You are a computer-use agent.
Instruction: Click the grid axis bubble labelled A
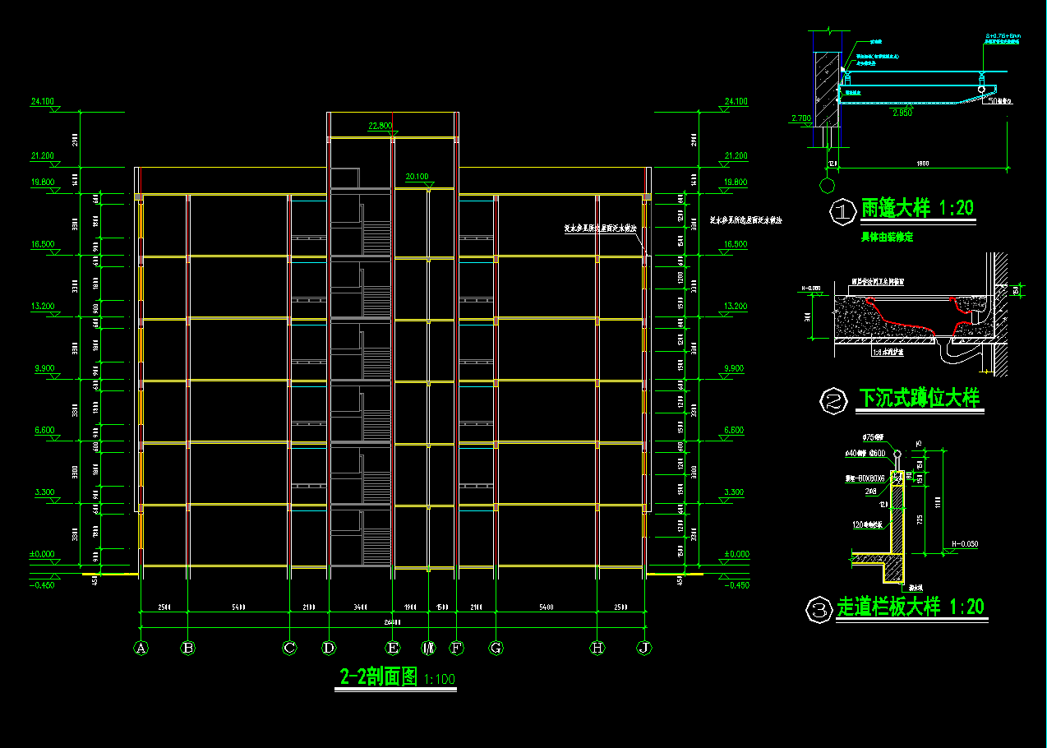(x=141, y=648)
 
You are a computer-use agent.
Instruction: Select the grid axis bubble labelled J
(x=644, y=648)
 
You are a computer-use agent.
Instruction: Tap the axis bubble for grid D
(x=329, y=648)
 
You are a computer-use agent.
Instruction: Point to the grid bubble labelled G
(x=496, y=648)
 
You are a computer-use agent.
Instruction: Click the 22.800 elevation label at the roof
(x=381, y=126)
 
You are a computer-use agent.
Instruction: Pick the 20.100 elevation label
(x=417, y=177)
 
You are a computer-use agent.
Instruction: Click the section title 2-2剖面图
(x=379, y=677)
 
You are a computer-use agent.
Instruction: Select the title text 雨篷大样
(x=895, y=209)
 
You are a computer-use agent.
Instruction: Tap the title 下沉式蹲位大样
(x=919, y=399)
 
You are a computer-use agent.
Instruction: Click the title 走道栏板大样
(x=888, y=608)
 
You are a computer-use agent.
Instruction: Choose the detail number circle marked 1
(x=842, y=211)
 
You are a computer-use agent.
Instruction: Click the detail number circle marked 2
(x=834, y=402)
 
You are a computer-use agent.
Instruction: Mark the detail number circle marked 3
(x=819, y=611)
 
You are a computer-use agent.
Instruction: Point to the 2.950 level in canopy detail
(x=902, y=113)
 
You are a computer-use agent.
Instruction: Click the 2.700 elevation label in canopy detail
(x=800, y=118)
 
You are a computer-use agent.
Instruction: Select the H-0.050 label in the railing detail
(x=966, y=544)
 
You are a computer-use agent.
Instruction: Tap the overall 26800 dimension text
(x=391, y=623)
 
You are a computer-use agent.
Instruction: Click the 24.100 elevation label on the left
(x=42, y=102)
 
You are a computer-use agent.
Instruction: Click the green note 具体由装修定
(x=887, y=237)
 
